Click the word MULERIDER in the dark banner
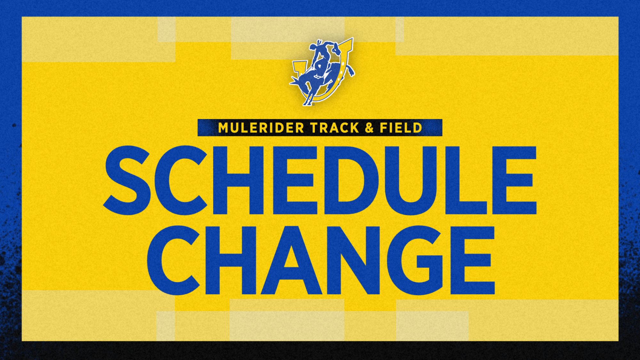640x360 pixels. click(261, 128)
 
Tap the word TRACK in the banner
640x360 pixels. click(335, 128)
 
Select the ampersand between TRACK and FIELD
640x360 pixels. click(369, 128)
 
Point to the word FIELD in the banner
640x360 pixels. click(401, 128)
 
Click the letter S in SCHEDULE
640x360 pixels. click(127, 180)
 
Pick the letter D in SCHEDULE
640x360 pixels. click(350, 180)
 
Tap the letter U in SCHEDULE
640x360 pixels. click(411, 180)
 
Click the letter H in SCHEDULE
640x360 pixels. click(238, 180)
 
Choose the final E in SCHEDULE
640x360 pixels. click(514, 180)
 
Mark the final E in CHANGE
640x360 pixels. click(472, 260)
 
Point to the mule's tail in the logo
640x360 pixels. click(350, 71)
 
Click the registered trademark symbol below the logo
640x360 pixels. click(313, 104)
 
